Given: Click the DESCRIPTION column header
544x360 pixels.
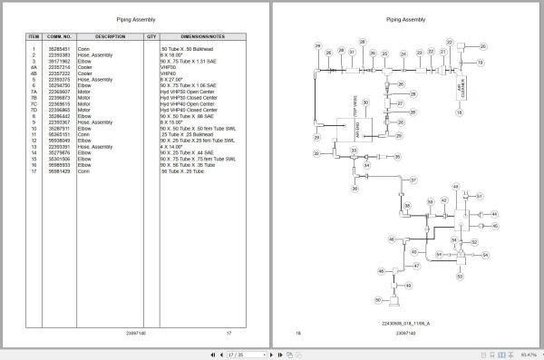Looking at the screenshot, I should (x=110, y=36).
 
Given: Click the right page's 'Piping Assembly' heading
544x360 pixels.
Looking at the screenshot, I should (x=403, y=18).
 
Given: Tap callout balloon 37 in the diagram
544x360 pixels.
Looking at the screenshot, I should (x=413, y=181).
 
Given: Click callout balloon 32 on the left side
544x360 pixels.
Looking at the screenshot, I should (x=316, y=153).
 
